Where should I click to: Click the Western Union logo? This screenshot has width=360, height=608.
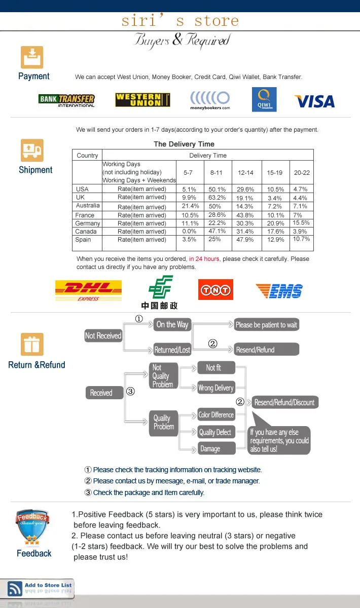(142, 100)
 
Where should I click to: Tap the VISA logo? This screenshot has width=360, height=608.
(314, 101)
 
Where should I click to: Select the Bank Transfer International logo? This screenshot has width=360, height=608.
(66, 100)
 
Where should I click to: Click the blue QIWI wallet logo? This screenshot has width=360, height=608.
(264, 99)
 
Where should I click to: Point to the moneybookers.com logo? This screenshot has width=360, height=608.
(210, 100)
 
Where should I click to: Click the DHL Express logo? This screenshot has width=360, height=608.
(88, 290)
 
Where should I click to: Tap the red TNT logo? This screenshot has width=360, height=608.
(215, 290)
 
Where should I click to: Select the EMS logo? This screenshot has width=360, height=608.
(279, 291)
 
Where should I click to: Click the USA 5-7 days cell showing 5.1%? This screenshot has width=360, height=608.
(189, 189)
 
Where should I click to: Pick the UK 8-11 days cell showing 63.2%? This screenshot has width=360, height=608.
(218, 198)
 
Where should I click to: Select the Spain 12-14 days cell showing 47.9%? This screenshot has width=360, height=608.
(245, 240)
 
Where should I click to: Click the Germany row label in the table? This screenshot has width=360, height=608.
(87, 223)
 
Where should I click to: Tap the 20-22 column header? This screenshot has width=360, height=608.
(302, 173)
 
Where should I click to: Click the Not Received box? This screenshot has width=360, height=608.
(103, 335)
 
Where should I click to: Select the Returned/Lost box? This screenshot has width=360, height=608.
(172, 350)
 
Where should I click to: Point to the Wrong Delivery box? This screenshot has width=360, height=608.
(215, 388)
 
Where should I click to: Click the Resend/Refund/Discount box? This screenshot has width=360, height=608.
(284, 402)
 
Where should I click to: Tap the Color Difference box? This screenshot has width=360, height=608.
(216, 415)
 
